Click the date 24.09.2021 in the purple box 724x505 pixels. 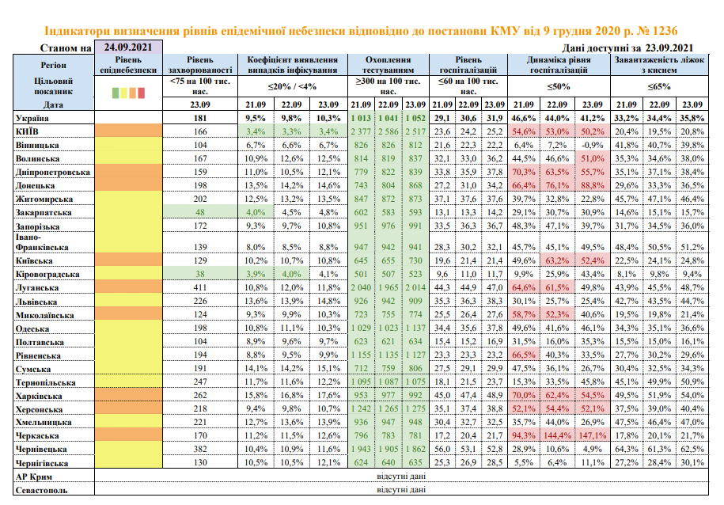tap(128, 47)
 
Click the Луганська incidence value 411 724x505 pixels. tap(200, 287)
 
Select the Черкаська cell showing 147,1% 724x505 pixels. tap(593, 435)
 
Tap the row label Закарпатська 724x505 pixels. tap(44, 213)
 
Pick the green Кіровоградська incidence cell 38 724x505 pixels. tap(200, 274)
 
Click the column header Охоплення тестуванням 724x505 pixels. tap(388, 65)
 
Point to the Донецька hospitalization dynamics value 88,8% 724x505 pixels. tap(593, 186)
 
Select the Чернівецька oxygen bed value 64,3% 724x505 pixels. tap(627, 449)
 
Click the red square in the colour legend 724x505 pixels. tap(142, 93)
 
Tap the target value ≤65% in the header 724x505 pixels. tap(659, 86)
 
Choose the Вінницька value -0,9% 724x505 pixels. tap(593, 145)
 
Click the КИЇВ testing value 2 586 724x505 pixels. tap(388, 131)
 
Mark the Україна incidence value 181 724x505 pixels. tap(200, 118)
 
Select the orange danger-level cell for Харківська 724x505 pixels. tap(128, 396)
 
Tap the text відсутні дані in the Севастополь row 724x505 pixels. tap(401, 490)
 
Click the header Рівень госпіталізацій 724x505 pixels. tap(468, 65)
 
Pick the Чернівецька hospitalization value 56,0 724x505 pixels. tap(442, 449)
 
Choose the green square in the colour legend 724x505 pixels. tap(116, 93)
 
